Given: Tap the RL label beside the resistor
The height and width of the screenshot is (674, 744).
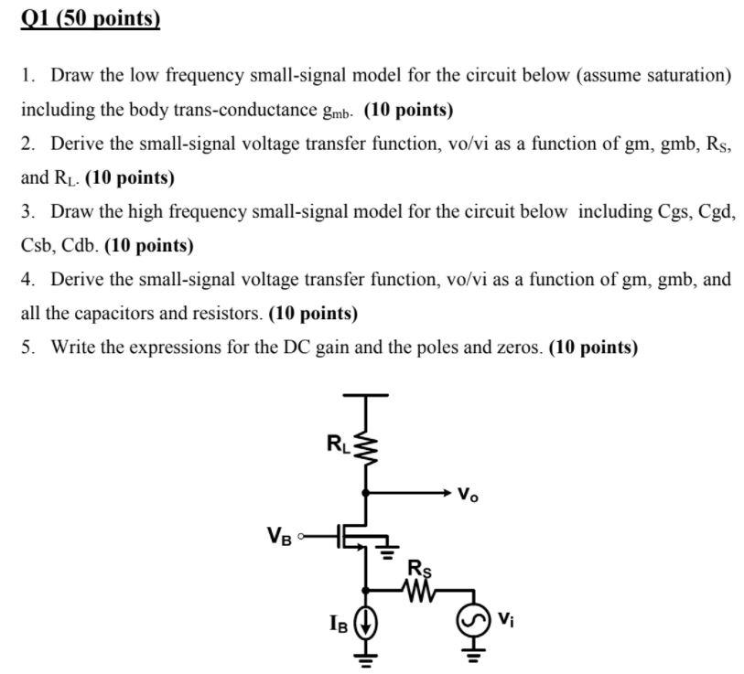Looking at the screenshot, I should [x=339, y=444].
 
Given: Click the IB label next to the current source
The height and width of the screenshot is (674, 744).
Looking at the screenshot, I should [x=339, y=624].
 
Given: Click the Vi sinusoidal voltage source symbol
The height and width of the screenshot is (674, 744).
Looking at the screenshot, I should [x=473, y=621].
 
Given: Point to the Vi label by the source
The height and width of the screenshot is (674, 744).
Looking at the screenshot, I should [x=505, y=619].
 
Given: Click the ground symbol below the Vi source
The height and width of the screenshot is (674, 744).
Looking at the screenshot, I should [x=473, y=654].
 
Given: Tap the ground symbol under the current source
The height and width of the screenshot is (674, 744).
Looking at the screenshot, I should [x=366, y=657].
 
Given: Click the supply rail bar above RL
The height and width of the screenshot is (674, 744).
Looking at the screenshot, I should [x=366, y=395].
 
